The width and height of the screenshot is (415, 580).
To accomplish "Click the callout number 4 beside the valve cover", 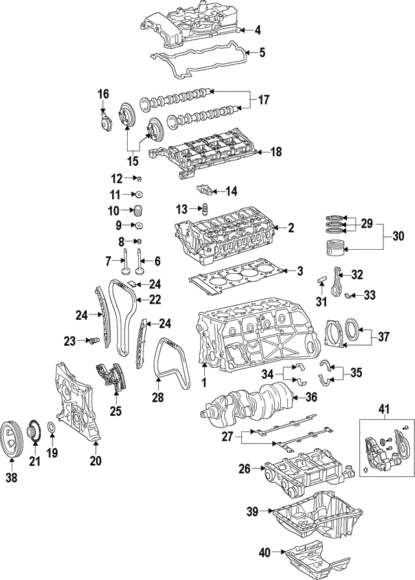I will click(257, 30).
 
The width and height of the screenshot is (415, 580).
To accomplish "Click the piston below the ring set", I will click(335, 250).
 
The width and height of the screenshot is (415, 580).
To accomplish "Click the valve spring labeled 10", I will click(137, 211).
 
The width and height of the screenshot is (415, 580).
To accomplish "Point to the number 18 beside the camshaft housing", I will click(276, 152).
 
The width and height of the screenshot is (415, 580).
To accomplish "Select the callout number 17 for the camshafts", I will click(263, 101).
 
